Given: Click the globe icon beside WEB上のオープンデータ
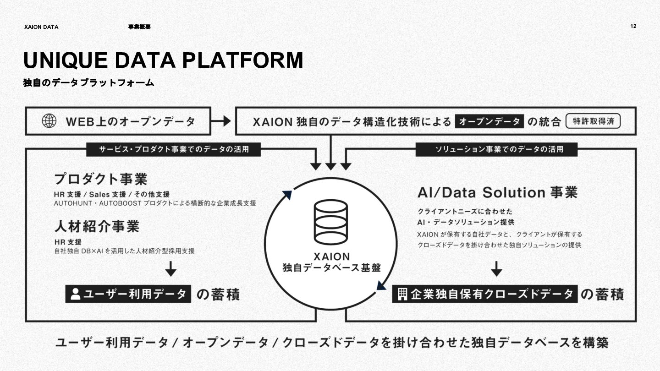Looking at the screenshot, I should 49,121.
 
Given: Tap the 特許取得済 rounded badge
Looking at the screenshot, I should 593,121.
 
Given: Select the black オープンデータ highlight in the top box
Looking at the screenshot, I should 489,121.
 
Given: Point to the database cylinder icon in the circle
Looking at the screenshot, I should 330,222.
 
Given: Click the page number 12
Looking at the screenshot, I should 633,27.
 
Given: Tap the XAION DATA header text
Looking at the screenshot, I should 41,27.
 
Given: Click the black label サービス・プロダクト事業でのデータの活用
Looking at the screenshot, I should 173,149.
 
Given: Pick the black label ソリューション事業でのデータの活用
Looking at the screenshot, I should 496,149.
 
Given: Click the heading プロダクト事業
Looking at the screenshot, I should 101,179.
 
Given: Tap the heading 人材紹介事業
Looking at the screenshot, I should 97,226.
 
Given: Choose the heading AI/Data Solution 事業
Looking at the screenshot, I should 497,192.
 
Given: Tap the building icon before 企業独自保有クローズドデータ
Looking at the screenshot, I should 402,294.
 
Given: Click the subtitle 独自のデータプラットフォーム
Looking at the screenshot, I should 88,83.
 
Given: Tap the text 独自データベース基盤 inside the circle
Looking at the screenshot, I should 332,268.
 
